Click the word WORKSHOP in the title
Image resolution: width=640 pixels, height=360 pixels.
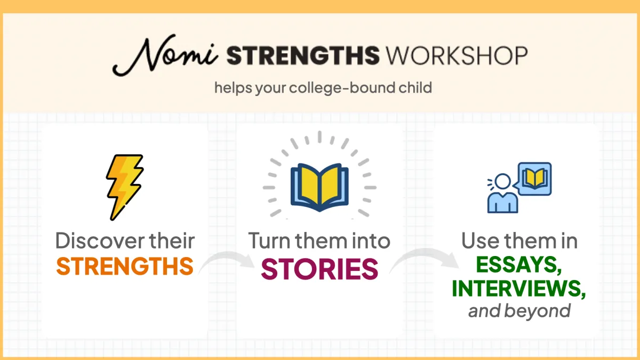point(457,55)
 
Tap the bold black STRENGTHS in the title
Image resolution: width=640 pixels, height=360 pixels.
point(303,55)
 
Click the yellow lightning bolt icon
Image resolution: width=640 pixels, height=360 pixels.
point(125,187)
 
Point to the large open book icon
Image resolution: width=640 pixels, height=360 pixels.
point(319,187)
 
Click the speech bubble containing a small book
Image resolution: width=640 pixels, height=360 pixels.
point(533,179)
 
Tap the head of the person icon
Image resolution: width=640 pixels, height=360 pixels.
point(502,181)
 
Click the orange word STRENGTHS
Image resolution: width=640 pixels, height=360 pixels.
point(125,266)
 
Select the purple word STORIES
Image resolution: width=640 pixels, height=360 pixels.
point(319,269)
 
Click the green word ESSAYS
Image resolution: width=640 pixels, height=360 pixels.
point(519,265)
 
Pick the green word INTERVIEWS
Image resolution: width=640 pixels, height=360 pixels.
point(519,289)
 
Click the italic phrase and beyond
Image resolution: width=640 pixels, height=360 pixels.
point(519,311)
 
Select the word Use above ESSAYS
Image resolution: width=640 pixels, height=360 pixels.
point(481,241)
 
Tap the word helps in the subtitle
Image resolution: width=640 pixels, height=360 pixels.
point(233,87)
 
